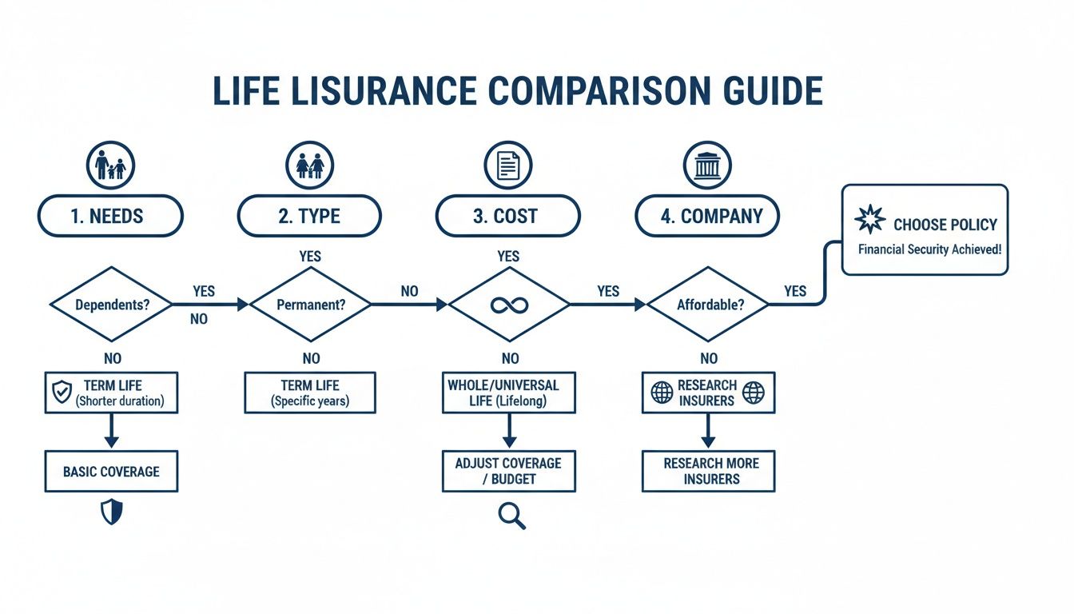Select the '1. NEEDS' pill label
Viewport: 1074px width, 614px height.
pos(110,216)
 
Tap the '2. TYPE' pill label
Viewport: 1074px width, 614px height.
pos(309,216)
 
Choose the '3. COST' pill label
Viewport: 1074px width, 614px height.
pos(507,216)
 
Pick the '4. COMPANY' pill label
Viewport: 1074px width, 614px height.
pos(706,216)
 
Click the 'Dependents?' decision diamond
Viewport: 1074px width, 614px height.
pos(111,305)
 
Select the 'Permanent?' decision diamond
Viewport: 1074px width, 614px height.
pos(310,305)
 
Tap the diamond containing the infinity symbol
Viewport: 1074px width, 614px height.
pos(509,305)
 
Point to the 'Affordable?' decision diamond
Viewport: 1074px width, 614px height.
pos(707,305)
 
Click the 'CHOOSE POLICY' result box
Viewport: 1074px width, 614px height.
pos(925,230)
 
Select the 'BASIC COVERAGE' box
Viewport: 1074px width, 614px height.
pos(111,472)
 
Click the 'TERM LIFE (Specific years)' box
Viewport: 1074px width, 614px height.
pos(310,393)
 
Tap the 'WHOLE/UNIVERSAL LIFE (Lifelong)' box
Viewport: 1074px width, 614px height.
pos(509,393)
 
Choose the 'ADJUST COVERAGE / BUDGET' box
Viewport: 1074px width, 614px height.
pos(509,471)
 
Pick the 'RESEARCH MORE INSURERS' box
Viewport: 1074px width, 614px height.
pos(708,471)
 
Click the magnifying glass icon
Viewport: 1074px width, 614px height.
pos(511,516)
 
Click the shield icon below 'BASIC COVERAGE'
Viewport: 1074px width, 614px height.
pos(111,512)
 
